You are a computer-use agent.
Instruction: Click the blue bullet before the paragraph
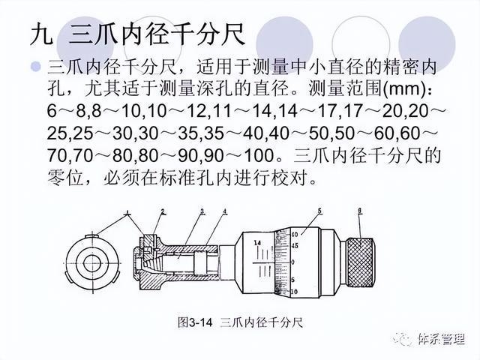click(34, 67)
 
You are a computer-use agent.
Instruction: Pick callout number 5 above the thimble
click(319, 210)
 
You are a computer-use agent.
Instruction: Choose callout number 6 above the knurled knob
click(361, 211)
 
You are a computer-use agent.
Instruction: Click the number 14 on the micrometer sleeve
click(257, 243)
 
